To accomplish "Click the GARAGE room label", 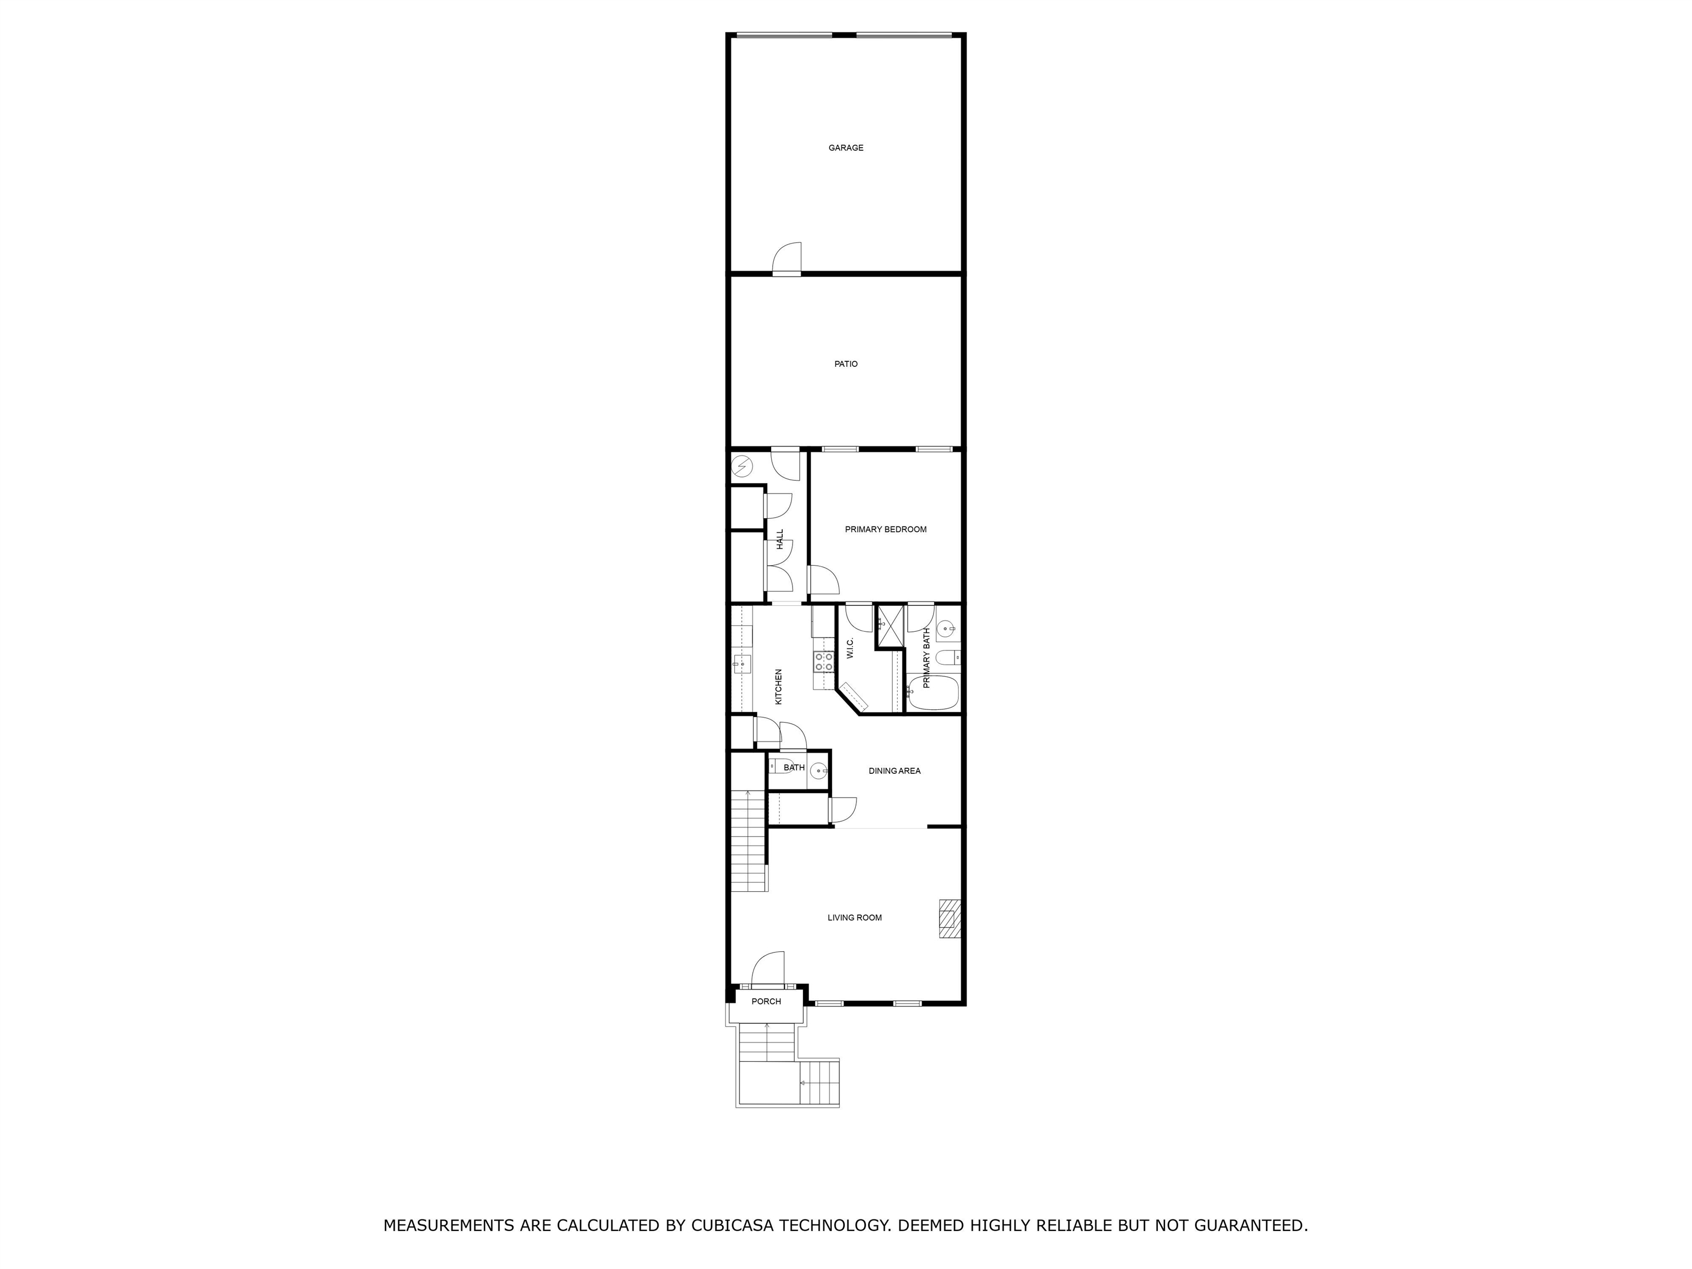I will click(x=845, y=148).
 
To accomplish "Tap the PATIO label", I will click(x=845, y=364).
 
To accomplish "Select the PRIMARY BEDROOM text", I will click(x=885, y=529).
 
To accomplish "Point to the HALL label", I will click(x=780, y=539).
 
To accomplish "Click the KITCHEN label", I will click(x=779, y=686).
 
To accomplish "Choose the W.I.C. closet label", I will click(x=850, y=649).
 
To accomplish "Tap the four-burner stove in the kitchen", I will click(x=824, y=661).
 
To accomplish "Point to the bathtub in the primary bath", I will click(x=933, y=692).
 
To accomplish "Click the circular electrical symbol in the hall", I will click(x=741, y=466).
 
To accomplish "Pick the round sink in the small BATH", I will click(x=818, y=771).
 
